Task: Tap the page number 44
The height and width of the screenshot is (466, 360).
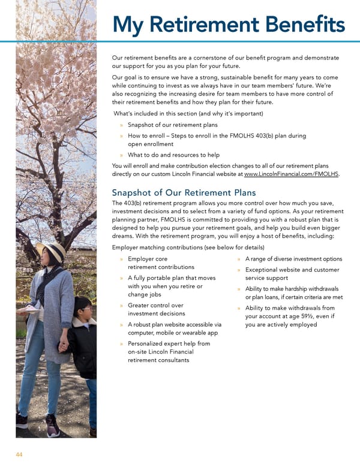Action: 19,455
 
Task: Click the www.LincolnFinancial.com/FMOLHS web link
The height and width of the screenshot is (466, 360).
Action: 292,174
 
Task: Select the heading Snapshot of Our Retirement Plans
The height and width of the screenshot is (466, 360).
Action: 184,193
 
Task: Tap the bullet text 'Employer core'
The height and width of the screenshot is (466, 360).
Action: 148,259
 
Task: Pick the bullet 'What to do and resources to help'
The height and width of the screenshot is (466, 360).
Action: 174,154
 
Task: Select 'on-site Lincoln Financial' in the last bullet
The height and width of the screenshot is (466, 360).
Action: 164,352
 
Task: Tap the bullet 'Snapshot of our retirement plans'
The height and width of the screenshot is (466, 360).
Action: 173,125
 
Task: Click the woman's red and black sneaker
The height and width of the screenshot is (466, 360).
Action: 53,428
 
